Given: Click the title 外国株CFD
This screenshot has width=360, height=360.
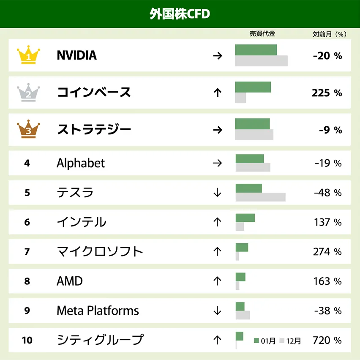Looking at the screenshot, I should click(180, 14).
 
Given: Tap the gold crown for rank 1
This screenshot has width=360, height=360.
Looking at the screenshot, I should click(28, 55).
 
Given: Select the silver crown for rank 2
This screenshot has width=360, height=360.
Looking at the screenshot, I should click(28, 93).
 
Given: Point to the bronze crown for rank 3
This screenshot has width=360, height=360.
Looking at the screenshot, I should click(28, 129).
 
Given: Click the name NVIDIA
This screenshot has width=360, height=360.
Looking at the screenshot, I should click(76, 55).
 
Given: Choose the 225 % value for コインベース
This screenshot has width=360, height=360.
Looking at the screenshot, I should click(327, 93).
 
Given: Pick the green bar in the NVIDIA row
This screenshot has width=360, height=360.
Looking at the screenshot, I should click(256, 50).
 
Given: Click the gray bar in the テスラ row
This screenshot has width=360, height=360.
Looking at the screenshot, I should click(260, 197).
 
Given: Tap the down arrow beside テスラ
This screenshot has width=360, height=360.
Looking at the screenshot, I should click(218, 193).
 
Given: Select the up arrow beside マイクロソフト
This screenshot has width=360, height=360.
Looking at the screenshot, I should click(218, 252).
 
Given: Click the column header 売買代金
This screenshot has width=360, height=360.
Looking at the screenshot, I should click(262, 34).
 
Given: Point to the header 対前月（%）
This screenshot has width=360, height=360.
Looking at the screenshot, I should click(329, 34).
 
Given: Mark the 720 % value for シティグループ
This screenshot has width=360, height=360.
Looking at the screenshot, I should click(327, 340).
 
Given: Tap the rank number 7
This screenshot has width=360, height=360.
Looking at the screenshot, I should click(27, 252).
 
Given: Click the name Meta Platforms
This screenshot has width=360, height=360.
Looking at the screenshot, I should click(98, 311).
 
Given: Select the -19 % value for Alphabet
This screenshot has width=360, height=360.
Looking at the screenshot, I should click(328, 163).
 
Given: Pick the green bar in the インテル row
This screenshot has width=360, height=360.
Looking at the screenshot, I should click(245, 218).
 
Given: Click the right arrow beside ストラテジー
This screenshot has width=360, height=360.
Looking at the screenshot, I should click(218, 129).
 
